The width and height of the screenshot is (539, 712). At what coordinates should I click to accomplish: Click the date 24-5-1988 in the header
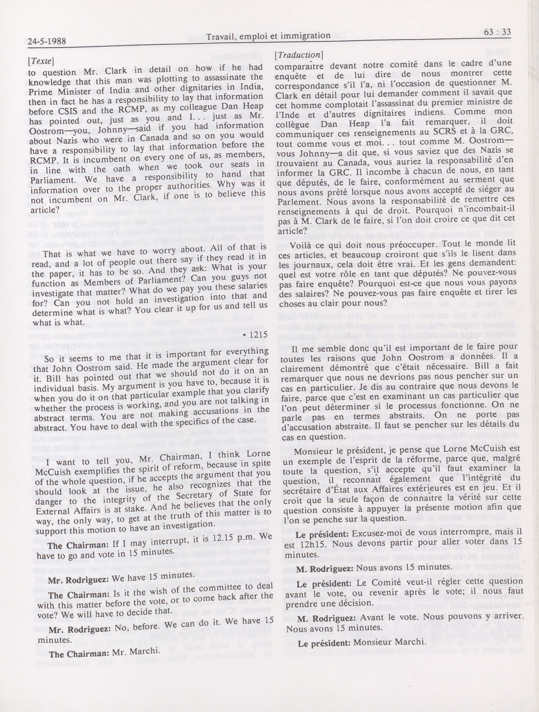[47, 42]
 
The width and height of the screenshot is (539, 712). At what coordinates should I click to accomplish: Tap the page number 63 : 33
[497, 32]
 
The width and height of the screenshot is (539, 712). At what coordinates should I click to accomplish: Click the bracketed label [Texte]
[41, 61]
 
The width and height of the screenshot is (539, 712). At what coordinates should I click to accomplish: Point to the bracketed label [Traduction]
[298, 55]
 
